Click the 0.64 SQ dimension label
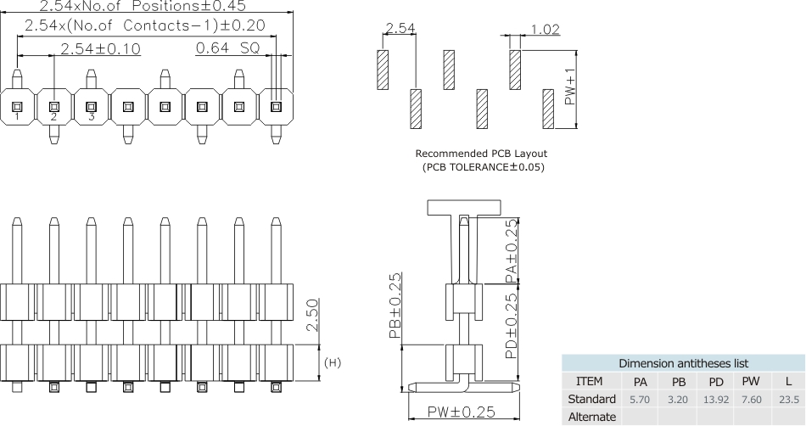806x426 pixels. pos(227,48)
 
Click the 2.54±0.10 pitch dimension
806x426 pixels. pos(100,48)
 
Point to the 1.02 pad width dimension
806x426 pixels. pos(545,30)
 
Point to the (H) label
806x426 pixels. pos(333,363)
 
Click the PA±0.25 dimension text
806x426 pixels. pos(508,251)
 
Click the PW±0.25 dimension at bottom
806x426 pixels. pos(462,412)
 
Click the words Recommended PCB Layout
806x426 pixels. pos(481,154)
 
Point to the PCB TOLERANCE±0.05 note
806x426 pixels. pos(483,166)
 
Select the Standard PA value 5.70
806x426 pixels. pos(641,399)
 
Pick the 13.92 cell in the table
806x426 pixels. pos(716,399)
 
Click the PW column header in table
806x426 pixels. pos(750,381)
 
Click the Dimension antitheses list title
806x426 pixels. pos(683,363)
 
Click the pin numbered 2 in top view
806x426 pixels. pos(53,107)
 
